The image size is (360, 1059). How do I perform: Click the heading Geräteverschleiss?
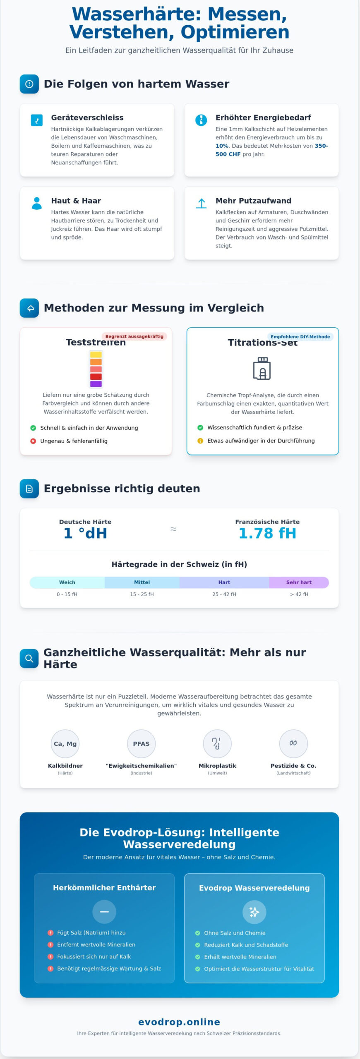[x=87, y=117]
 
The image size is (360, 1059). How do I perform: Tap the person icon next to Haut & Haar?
[x=37, y=203]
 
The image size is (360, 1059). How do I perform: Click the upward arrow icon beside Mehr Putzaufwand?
[x=201, y=203]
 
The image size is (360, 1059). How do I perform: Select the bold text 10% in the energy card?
[x=222, y=146]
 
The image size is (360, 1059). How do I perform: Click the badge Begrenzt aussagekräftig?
[x=134, y=336]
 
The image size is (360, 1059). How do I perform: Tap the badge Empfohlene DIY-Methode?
[x=300, y=337]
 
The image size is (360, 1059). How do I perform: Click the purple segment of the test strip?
[x=96, y=384]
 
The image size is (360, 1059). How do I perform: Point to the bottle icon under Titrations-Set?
[x=262, y=368]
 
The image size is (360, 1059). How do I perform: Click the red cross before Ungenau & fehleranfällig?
[x=33, y=441]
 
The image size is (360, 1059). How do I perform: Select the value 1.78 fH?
[x=267, y=533]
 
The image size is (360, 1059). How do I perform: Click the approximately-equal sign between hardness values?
[x=173, y=529]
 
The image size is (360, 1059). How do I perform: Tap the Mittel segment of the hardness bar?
[x=142, y=582]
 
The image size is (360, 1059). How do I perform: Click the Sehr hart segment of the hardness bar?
[x=299, y=582]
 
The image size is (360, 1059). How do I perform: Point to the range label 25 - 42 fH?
[x=224, y=594]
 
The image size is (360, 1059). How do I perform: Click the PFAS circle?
[x=141, y=744]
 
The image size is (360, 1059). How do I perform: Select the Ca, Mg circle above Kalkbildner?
[x=65, y=744]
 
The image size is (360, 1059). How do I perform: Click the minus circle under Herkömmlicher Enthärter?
[x=104, y=912]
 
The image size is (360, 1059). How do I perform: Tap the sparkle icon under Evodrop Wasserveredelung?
[x=254, y=912]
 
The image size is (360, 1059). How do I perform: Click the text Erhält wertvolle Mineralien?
[x=240, y=957]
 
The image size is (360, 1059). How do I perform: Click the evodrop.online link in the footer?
[x=179, y=1022]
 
